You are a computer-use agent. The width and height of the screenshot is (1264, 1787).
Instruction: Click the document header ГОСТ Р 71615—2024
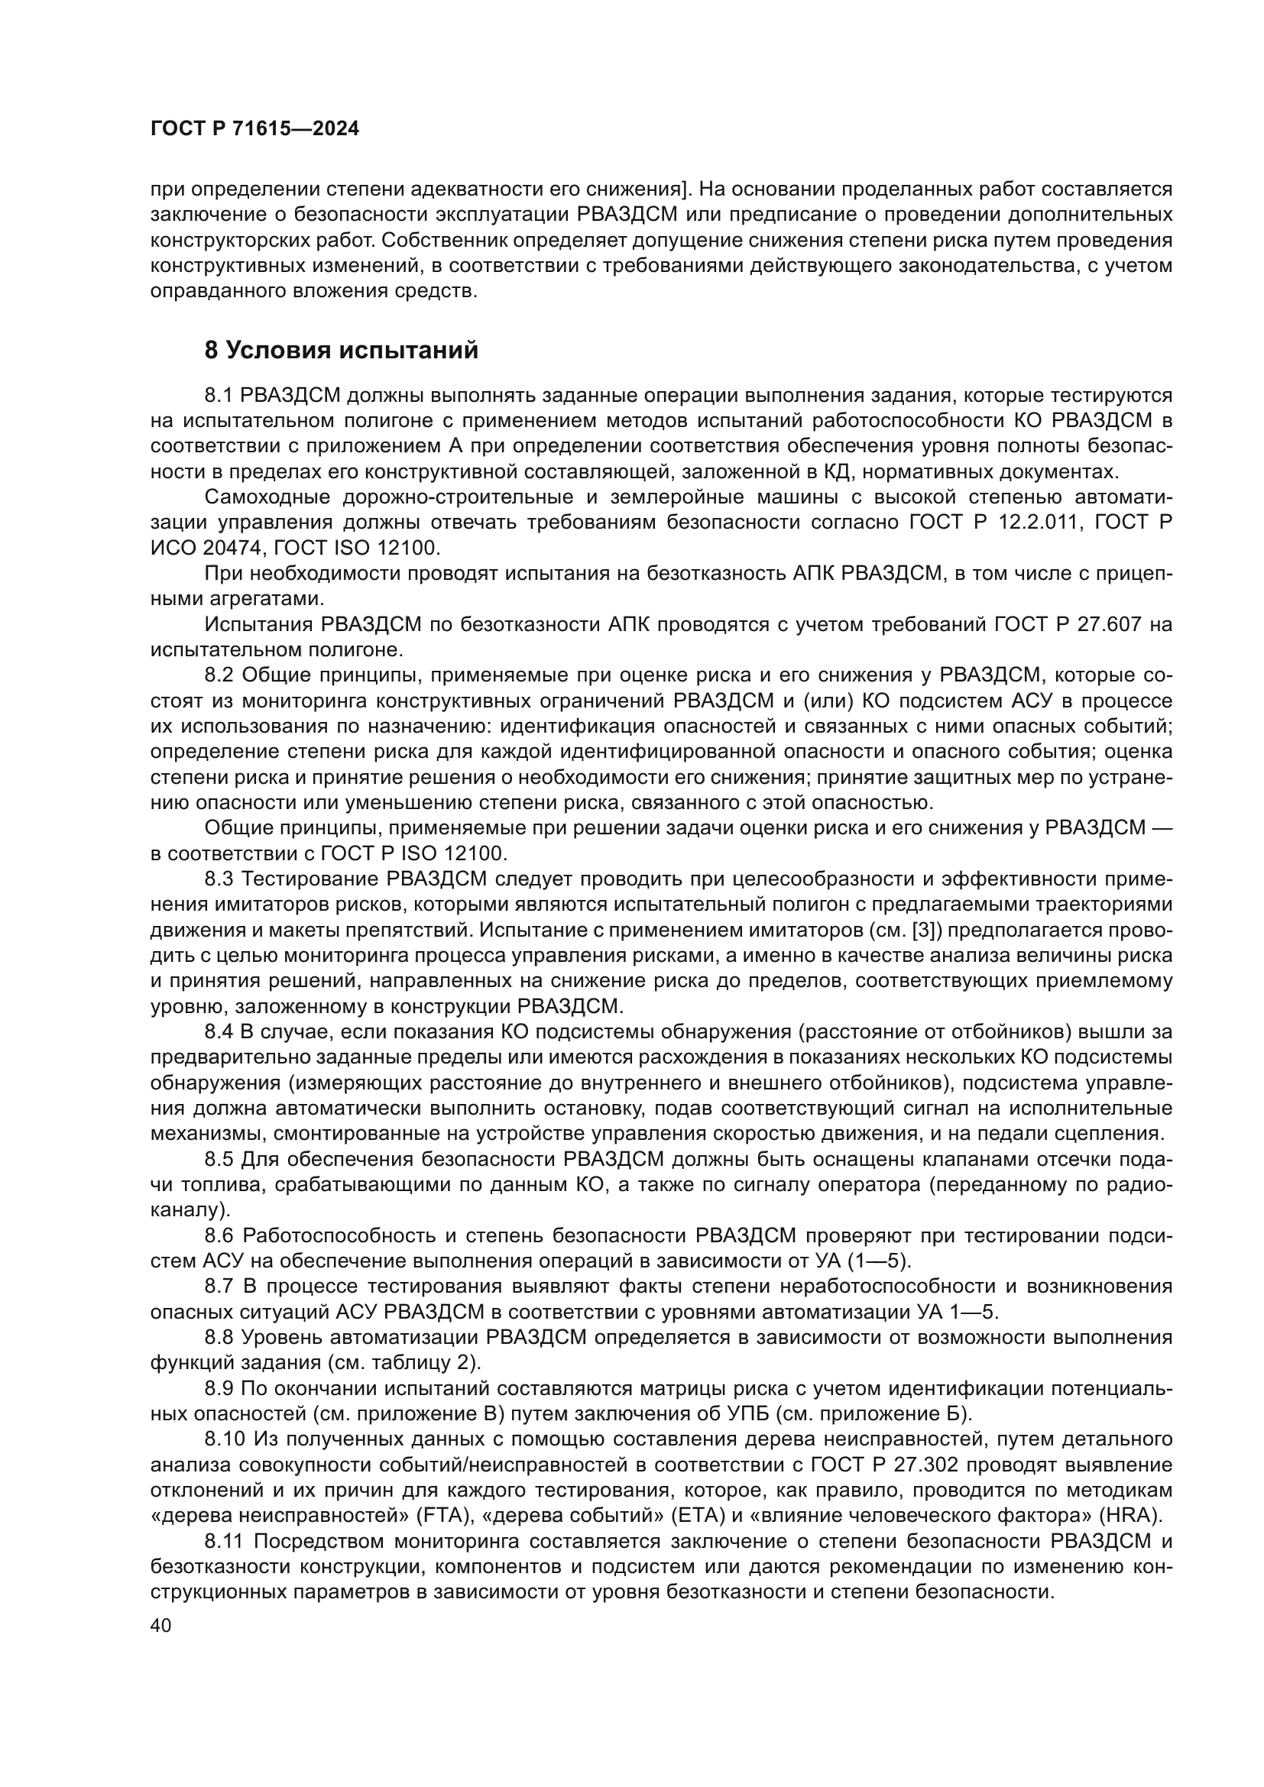coord(254,129)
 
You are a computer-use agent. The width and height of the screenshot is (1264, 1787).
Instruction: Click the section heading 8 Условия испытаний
coord(341,351)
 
